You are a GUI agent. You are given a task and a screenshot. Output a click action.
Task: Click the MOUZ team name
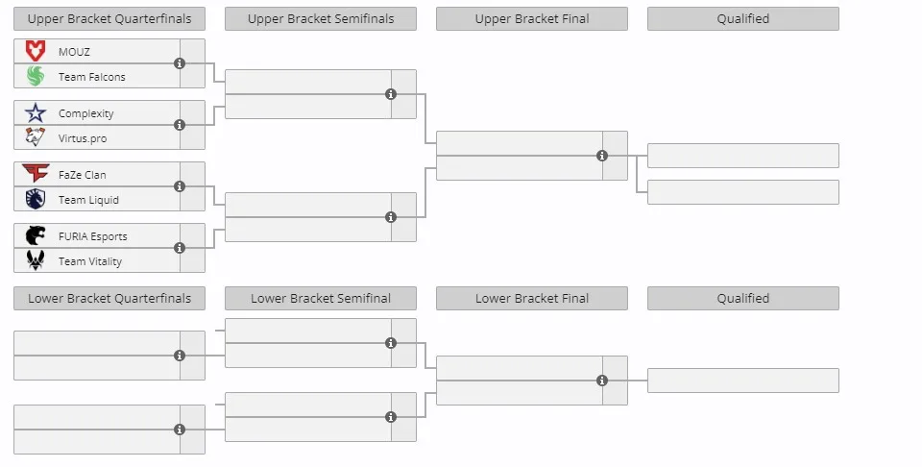pos(74,52)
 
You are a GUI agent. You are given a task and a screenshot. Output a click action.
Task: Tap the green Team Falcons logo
pos(36,76)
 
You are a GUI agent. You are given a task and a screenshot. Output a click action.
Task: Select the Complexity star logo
pos(36,113)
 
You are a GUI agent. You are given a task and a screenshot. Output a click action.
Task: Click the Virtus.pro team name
pos(83,138)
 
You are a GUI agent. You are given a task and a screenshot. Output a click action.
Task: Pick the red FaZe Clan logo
pos(36,173)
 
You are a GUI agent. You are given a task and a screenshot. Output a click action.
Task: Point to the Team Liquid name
pos(88,200)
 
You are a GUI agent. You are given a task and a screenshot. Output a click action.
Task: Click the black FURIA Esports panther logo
pos(36,235)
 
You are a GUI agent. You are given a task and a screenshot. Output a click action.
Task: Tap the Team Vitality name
pos(90,261)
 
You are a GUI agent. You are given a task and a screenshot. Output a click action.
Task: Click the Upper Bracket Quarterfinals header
pos(109,19)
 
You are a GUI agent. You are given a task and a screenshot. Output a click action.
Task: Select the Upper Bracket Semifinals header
pos(321,19)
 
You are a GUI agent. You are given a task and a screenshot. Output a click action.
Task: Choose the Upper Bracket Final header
pos(531,19)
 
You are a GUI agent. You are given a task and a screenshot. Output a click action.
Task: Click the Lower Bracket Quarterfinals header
pos(109,298)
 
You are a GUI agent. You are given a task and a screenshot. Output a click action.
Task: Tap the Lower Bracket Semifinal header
pos(321,298)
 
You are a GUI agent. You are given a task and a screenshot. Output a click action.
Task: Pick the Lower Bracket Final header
pos(531,298)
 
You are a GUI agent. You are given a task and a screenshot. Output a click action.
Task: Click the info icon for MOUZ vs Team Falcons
pos(180,63)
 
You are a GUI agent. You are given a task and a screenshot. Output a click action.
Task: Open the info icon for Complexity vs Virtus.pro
pos(180,125)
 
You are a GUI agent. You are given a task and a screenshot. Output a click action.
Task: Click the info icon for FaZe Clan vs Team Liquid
pos(180,186)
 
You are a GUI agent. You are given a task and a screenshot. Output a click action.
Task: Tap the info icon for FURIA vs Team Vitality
pos(180,248)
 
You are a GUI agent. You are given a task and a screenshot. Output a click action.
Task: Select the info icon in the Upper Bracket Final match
pos(601,156)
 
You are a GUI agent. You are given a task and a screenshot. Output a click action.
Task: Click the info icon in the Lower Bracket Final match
pos(601,381)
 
